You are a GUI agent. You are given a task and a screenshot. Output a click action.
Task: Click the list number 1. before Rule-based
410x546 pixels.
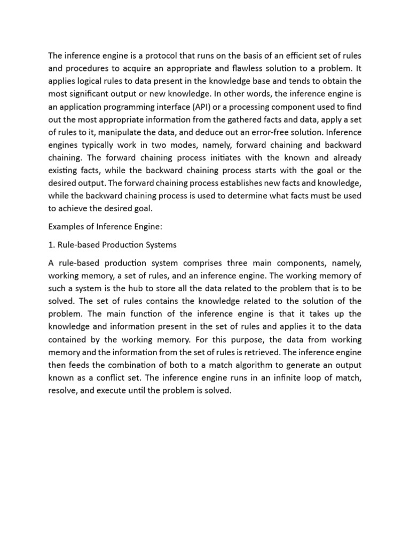click(x=52, y=245)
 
